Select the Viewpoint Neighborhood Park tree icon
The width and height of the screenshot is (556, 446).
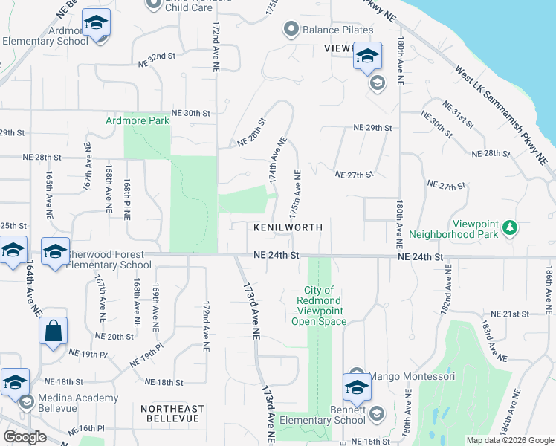509,227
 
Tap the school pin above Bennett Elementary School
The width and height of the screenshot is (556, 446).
357,387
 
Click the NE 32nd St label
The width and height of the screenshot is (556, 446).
156,56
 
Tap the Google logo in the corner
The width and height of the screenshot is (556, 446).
25,436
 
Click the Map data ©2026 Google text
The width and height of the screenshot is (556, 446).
509,440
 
